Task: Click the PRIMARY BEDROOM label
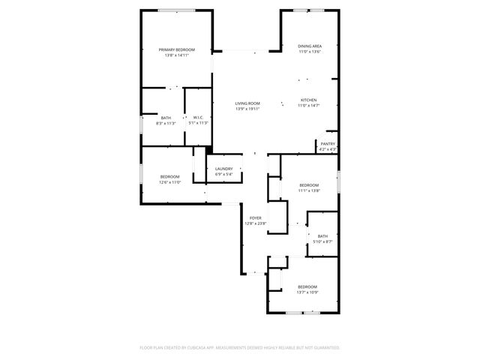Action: point(176,50)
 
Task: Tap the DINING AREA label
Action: point(310,46)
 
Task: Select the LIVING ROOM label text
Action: point(247,103)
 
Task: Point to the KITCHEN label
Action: point(309,100)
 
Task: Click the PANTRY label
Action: point(328,144)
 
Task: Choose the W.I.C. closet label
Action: point(198,118)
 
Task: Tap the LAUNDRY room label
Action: point(224,169)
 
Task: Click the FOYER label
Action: point(255,218)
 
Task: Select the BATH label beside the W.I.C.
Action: point(166,118)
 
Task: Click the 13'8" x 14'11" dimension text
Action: point(176,55)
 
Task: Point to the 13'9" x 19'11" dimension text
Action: point(247,109)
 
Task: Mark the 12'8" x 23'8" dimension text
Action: point(255,223)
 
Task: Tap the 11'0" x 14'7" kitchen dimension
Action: point(309,105)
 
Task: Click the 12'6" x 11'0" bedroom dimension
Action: point(169,182)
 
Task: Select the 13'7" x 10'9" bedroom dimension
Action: point(307,292)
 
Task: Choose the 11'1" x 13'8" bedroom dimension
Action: point(309,190)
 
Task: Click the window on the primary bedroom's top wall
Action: point(178,10)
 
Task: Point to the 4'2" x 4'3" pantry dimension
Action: point(328,149)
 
